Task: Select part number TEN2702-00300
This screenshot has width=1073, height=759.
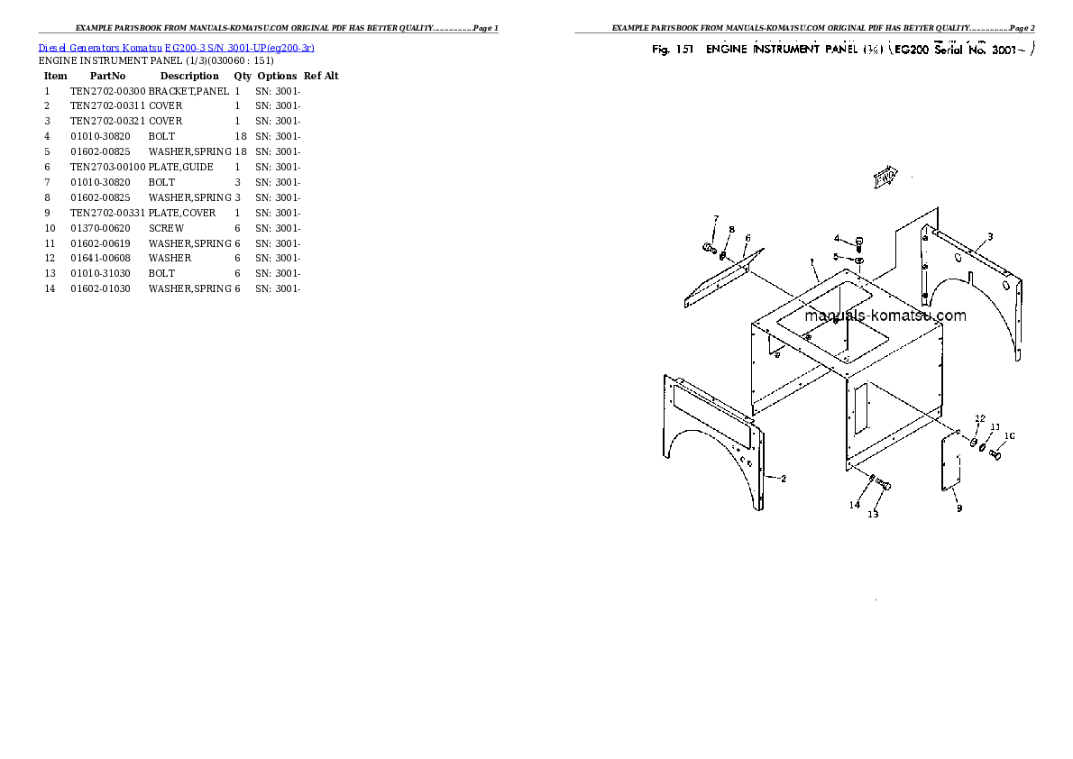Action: tap(107, 91)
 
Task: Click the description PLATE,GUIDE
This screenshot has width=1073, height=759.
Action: tap(180, 168)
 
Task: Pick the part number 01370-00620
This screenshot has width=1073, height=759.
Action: tap(100, 229)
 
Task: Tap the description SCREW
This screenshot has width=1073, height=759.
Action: tap(166, 229)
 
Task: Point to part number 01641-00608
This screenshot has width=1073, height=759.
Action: tap(100, 259)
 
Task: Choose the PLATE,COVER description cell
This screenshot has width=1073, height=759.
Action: tap(182, 214)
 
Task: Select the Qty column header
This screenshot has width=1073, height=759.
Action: tap(242, 77)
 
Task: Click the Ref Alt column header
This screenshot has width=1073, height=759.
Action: tap(320, 77)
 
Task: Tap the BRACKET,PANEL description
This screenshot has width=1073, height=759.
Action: tap(188, 91)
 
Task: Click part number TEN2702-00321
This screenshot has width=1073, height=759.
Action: tap(107, 122)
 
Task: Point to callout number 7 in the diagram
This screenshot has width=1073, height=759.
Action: tap(716, 219)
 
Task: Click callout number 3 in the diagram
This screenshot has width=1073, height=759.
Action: tap(989, 237)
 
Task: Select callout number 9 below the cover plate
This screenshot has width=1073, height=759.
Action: tap(958, 508)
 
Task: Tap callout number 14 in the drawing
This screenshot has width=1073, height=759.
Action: tap(853, 505)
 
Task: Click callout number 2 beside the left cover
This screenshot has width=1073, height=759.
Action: tap(783, 479)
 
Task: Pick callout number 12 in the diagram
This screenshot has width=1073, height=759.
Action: tap(979, 418)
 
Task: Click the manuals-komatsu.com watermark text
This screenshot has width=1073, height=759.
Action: tap(885, 315)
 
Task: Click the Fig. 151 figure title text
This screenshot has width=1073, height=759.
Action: tap(841, 50)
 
